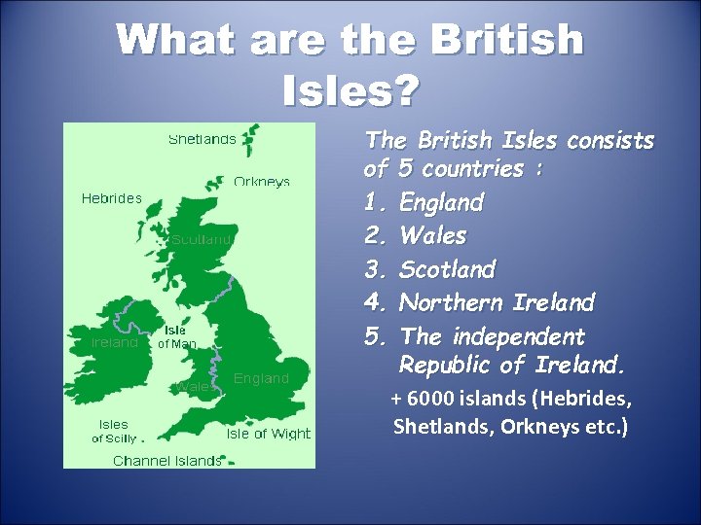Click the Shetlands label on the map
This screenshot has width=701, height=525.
click(x=203, y=139)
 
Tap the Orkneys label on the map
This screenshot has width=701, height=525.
click(x=262, y=182)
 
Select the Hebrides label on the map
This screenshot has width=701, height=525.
click(x=111, y=198)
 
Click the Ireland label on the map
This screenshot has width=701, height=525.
click(x=114, y=342)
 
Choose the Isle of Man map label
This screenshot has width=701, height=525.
click(x=176, y=336)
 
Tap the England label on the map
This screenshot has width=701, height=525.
click(x=261, y=378)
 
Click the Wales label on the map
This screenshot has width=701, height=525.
click(x=194, y=386)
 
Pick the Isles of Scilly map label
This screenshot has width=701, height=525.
click(x=113, y=431)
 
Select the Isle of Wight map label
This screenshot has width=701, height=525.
click(x=268, y=435)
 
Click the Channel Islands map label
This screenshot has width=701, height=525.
click(x=166, y=460)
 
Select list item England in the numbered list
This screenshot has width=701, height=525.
click(x=441, y=202)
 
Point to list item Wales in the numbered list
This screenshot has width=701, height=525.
click(x=433, y=235)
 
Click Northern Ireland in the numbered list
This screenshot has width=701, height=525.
click(x=497, y=302)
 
